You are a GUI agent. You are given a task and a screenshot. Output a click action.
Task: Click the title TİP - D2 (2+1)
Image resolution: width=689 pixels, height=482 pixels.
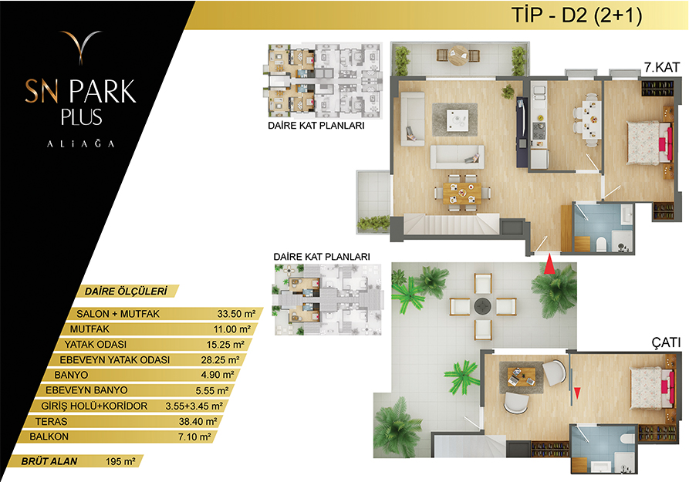coord(576,15)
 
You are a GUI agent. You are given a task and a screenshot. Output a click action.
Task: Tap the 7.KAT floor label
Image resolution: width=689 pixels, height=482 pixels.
coord(662,67)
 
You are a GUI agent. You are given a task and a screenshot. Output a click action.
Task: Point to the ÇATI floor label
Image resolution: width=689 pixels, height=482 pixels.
coord(666,342)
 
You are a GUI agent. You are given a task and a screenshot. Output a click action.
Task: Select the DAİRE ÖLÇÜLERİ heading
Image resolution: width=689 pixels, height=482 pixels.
coord(126,292)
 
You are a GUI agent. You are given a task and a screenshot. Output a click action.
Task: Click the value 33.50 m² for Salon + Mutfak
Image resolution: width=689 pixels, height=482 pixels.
coord(236,314)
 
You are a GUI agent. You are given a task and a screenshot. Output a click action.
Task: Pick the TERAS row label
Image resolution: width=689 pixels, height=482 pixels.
coord(52,421)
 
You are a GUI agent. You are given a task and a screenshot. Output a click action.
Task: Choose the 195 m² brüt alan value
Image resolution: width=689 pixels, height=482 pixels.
coord(120,461)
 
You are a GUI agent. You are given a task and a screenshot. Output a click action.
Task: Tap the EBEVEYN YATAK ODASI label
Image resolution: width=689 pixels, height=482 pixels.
coord(115,360)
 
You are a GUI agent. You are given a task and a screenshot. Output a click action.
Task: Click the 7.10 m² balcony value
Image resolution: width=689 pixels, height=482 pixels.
coord(194,436)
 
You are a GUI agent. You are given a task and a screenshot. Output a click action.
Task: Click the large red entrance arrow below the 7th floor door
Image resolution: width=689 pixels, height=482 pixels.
coord(549,265)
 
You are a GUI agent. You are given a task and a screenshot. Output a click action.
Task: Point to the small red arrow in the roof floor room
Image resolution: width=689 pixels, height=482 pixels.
coord(577,393)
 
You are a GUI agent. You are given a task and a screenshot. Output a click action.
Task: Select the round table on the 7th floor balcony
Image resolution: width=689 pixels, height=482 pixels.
coord(458,56)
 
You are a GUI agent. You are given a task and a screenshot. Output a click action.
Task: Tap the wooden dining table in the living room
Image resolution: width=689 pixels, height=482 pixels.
coord(462,194)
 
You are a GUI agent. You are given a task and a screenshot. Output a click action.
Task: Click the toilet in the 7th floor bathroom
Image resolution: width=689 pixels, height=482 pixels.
coord(601,244)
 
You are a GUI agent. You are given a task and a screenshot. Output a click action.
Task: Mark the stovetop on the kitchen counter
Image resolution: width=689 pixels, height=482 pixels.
coord(539,130)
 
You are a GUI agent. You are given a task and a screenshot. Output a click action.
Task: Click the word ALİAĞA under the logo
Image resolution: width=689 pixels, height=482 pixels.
coord(81,143)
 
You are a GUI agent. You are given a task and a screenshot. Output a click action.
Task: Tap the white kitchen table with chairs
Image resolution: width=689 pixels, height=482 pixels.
coord(592,120)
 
